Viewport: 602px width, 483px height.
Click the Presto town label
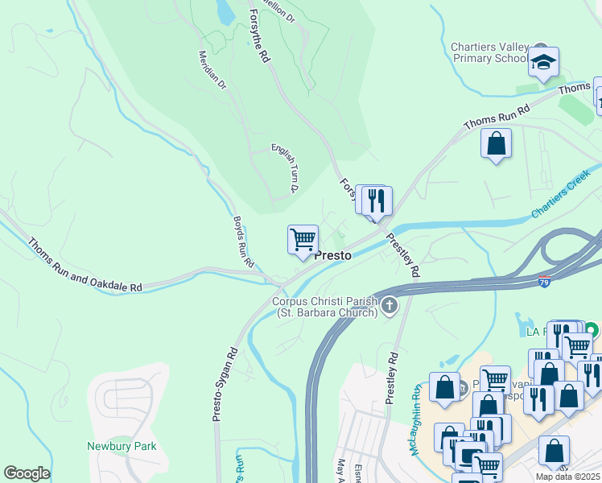coord(332,254)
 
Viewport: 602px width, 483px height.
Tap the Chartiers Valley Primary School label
coord(490,52)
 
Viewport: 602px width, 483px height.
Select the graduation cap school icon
coord(544,62)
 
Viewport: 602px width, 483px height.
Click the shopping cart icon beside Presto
coord(303,239)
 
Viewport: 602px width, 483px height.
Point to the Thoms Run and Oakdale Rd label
coord(85,265)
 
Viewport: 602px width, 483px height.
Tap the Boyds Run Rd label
coord(244,242)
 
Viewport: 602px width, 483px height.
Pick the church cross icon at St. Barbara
coord(390,305)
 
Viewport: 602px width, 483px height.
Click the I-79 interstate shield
coord(545,283)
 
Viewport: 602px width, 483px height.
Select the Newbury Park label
coord(122,446)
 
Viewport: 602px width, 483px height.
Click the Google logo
coord(27,473)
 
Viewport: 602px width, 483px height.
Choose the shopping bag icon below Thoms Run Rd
coord(497,145)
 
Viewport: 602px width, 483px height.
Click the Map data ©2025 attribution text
coord(568,477)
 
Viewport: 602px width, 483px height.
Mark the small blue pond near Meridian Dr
coord(225,12)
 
